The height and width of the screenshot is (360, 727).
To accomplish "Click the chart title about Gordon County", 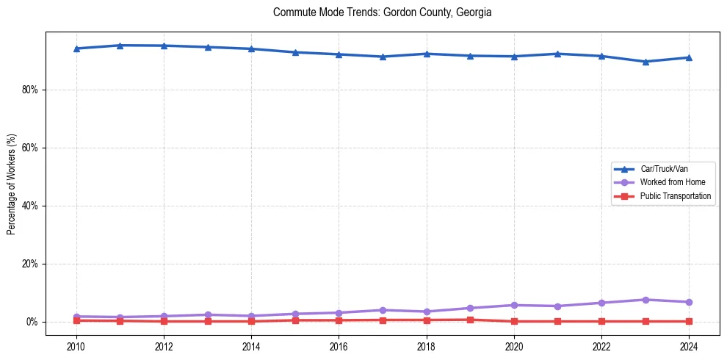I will point(382,12).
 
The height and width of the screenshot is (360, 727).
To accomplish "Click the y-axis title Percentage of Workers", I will point(12,184).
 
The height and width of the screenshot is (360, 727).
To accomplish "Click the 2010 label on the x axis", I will point(76,346).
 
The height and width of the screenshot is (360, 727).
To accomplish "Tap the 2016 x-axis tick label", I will point(339,346).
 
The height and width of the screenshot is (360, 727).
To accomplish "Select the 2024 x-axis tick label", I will point(689,346).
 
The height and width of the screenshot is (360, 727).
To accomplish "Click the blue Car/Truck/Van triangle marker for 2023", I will point(645,62).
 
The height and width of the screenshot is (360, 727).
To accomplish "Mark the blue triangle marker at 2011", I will point(120,46).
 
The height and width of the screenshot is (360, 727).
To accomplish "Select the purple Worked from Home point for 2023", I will point(645,300).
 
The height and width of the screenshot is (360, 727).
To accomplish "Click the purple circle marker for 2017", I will point(383,310).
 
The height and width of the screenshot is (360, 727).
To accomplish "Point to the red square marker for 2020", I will point(514,321).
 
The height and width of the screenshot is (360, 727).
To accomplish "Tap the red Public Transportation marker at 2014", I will point(251,321).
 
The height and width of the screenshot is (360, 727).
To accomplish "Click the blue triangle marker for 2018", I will point(427,54).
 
